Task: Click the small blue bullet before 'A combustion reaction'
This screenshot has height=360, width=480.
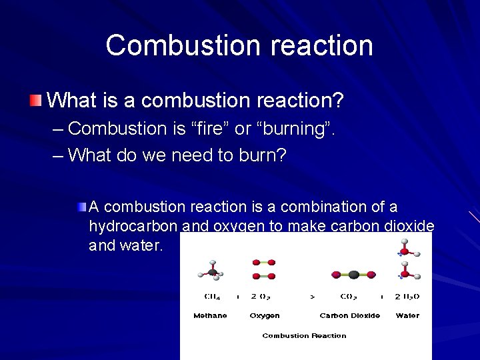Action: [81, 207]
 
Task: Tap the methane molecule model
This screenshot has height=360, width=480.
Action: [211, 269]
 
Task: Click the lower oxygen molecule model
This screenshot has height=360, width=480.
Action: [263, 275]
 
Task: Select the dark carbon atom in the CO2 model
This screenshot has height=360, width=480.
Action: [353, 273]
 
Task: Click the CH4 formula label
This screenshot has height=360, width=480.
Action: [211, 297]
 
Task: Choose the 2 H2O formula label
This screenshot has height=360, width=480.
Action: [407, 297]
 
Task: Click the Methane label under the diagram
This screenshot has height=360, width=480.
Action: [210, 315]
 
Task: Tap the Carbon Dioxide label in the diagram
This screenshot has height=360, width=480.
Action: [350, 315]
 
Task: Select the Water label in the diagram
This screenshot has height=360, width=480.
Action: [407, 315]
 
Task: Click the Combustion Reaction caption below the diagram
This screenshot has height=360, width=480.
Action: [304, 335]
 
